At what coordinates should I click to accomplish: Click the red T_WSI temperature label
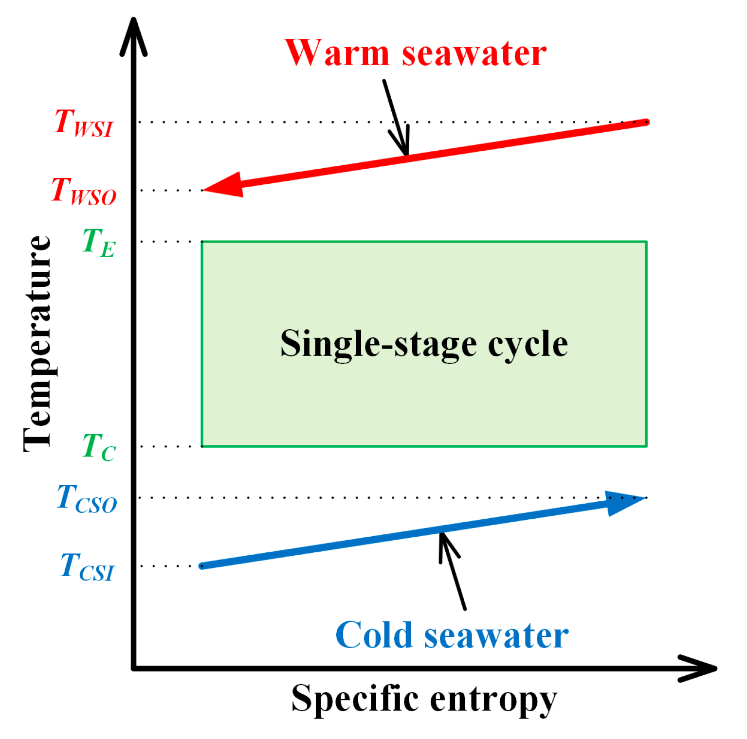pos(84,123)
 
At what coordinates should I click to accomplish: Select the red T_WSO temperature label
pos(84,191)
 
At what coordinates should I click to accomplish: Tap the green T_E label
pos(99,243)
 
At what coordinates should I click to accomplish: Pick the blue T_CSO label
pos(87,499)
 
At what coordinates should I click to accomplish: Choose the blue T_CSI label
pos(87,567)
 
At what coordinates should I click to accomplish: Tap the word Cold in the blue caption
pos(374,635)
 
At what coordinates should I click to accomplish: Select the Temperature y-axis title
pos(38,343)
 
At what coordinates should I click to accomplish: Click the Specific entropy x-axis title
pos(424,699)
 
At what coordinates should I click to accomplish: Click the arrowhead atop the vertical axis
pos(133,36)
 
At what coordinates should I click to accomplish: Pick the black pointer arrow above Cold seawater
pos(452,569)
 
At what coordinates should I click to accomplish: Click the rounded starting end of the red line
pos(646,122)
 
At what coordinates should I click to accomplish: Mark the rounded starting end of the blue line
pos(202,566)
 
